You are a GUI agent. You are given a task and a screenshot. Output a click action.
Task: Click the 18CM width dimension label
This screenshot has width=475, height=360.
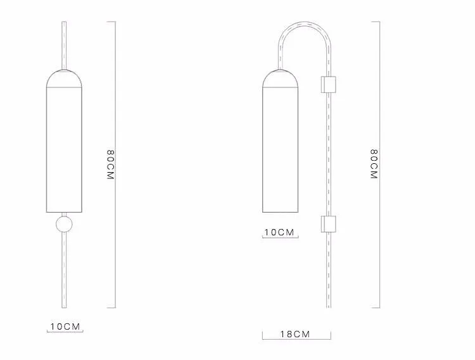tap(295, 334)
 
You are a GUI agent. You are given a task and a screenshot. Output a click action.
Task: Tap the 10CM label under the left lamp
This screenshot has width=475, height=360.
tap(65, 326)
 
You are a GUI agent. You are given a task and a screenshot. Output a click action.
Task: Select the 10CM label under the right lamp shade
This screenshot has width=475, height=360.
tap(279, 232)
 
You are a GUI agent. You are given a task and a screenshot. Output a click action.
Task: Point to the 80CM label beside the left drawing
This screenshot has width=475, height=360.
tap(111, 164)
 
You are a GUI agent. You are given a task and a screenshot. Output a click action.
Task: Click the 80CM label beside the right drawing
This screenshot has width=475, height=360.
tap(375, 164)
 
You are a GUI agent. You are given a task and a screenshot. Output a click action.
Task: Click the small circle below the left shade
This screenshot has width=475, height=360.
tap(64, 224)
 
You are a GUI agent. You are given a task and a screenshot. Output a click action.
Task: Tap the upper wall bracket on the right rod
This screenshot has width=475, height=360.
tap(328, 84)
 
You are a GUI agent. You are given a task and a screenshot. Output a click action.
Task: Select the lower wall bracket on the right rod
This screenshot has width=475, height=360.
tap(328, 224)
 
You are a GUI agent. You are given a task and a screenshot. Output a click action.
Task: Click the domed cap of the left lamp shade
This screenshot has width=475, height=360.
tap(64, 78)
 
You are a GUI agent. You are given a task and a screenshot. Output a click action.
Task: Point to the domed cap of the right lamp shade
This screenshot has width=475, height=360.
tap(280, 78)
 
